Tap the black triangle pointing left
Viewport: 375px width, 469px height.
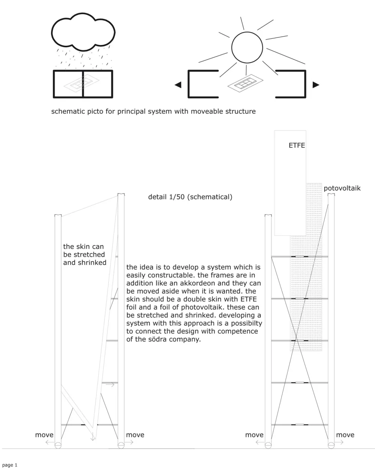(178, 85)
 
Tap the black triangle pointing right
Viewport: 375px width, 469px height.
(316, 85)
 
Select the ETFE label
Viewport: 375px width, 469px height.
(297, 145)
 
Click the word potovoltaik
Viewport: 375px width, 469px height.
(342, 188)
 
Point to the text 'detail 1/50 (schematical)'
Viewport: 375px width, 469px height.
(190, 197)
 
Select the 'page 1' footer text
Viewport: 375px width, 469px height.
(10, 465)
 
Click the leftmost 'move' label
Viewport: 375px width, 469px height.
(44, 435)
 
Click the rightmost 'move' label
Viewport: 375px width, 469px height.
(345, 435)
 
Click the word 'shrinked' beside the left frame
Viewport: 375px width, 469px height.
(91, 263)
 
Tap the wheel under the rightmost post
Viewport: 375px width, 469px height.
(331, 445)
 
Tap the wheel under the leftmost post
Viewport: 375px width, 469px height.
(58, 445)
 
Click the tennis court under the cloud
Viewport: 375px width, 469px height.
(83, 84)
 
